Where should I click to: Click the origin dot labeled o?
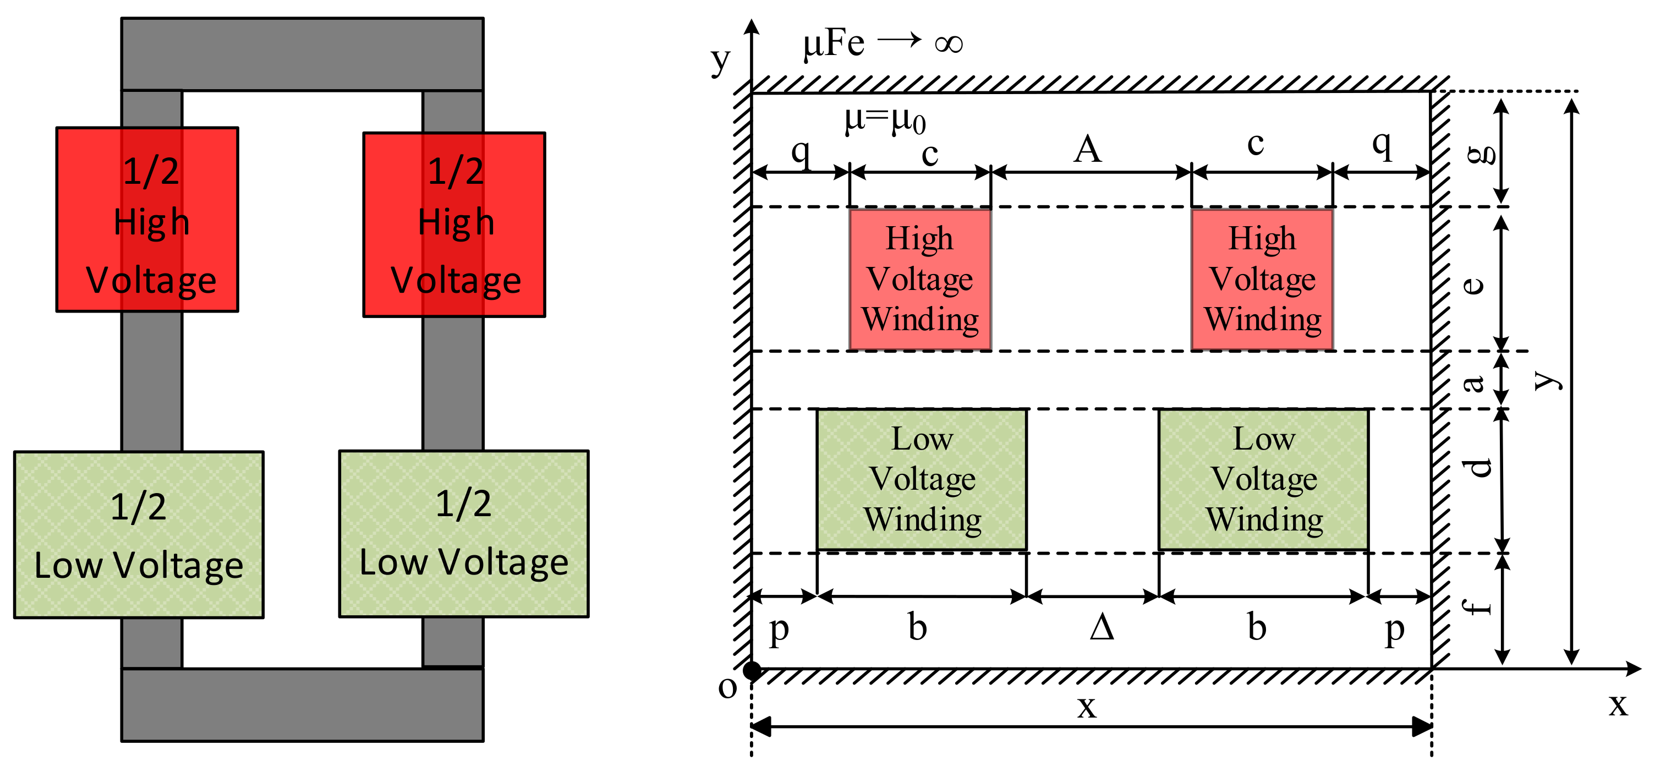[752, 670]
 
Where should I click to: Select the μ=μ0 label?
[885, 119]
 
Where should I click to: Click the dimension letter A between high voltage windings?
[1088, 149]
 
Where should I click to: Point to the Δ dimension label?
[1101, 627]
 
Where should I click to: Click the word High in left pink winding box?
[919, 238]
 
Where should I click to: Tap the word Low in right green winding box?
[1264, 439]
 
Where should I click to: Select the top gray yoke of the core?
[302, 54]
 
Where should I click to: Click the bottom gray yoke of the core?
[302, 705]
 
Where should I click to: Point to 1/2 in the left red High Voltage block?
[151, 172]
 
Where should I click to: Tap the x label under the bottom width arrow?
[1087, 707]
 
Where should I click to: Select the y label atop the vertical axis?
[721, 61]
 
